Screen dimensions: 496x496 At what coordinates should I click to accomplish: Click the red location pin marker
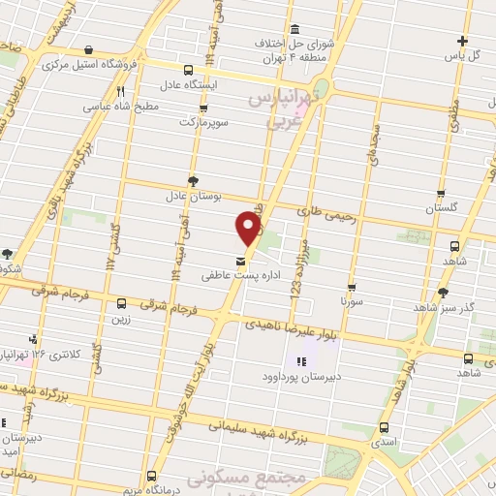(x=248, y=229)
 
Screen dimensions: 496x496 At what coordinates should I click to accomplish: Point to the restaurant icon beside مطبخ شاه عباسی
(x=120, y=91)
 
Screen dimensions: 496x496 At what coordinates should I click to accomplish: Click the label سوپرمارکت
(x=201, y=123)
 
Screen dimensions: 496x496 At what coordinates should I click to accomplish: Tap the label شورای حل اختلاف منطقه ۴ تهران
(x=294, y=49)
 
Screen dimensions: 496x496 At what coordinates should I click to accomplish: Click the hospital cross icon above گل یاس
(x=463, y=41)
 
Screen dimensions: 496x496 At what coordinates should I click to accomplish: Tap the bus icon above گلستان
(x=441, y=194)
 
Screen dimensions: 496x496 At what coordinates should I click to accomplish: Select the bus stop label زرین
(x=121, y=317)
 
